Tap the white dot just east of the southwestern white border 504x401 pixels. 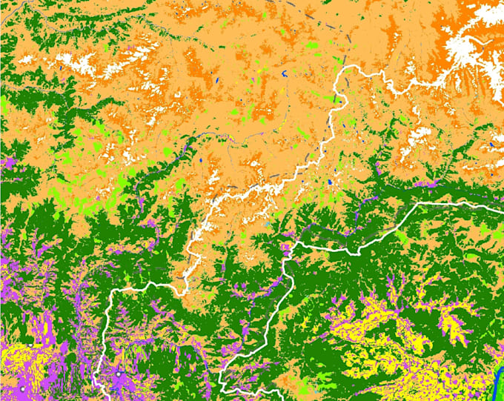[x=119, y=375]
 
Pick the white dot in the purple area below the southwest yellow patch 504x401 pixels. [x=23, y=388]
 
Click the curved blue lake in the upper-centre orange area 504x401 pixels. [x=285, y=73]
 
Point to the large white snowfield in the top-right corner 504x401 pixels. [x=474, y=44]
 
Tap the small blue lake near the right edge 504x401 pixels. [x=491, y=145]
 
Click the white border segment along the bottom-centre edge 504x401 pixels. [x=252, y=389]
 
